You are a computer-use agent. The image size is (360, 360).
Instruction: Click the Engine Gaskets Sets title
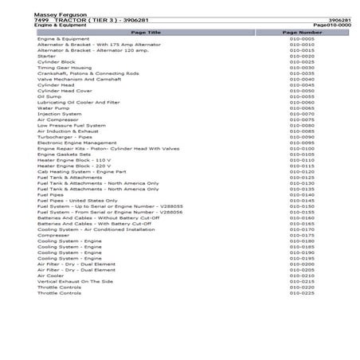(x=61, y=154)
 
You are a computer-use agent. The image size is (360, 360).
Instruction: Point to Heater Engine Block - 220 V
(x=69, y=166)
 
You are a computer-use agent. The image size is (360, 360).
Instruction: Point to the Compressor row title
(x=53, y=235)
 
